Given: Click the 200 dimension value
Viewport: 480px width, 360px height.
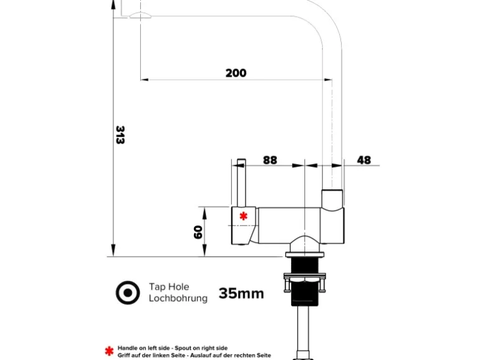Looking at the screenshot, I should click(x=236, y=73).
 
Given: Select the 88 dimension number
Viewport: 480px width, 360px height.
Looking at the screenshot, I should click(x=269, y=160).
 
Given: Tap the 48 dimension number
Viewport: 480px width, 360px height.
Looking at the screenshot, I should click(x=363, y=160).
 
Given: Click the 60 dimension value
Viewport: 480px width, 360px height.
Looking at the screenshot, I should click(x=198, y=232).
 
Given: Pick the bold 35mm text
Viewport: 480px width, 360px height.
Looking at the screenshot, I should click(x=241, y=293).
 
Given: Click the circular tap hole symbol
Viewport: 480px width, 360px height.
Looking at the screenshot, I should click(x=128, y=293).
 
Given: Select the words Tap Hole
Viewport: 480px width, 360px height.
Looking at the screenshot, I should click(x=168, y=287).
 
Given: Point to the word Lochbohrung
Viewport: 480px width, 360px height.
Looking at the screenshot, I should click(x=178, y=298).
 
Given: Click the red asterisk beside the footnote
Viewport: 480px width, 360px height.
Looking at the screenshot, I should click(x=110, y=351).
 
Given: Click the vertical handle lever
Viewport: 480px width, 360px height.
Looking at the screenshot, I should click(x=241, y=184).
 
